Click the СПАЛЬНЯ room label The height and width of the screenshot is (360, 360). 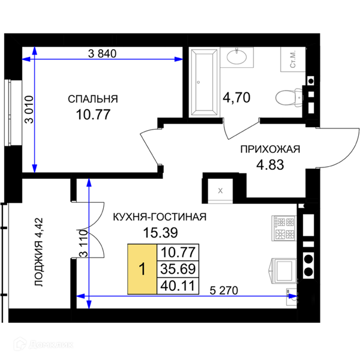pos(93,99)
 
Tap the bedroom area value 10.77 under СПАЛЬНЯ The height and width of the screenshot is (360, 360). pos(93,115)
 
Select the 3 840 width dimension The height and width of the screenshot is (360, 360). pos(102,54)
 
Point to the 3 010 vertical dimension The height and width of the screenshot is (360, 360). pos(29,110)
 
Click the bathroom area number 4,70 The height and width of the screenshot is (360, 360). pos(236,97)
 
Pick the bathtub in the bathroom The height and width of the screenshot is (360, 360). pos(204,82)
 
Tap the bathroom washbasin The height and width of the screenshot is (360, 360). pos(237,56)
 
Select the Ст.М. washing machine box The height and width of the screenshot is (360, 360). pos(293,59)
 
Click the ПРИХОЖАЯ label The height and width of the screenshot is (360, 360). pos(270,149)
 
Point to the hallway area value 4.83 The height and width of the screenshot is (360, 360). pos(270,165)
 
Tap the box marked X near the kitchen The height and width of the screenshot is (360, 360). pos(220,190)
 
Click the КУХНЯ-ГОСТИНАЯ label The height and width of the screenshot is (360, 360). pos(160,217)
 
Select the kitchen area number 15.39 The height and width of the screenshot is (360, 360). pos(160,233)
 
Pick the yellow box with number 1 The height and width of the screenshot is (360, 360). pos(142,269)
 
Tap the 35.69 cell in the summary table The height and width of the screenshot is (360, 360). pos(178,269)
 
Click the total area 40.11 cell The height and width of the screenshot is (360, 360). pos(178,286)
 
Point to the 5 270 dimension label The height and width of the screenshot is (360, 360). pos(224,290)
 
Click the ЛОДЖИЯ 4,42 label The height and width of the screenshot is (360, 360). pos(38,252)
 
